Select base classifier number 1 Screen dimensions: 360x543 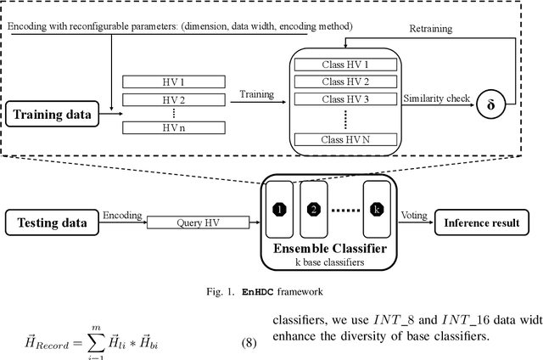(277, 209)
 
